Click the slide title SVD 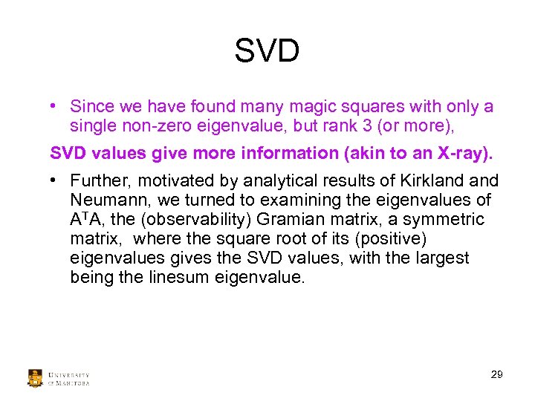tap(267, 52)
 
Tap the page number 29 tap(496, 374)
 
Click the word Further tap(98, 181)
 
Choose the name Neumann tap(105, 200)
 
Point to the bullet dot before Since tap(55, 106)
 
